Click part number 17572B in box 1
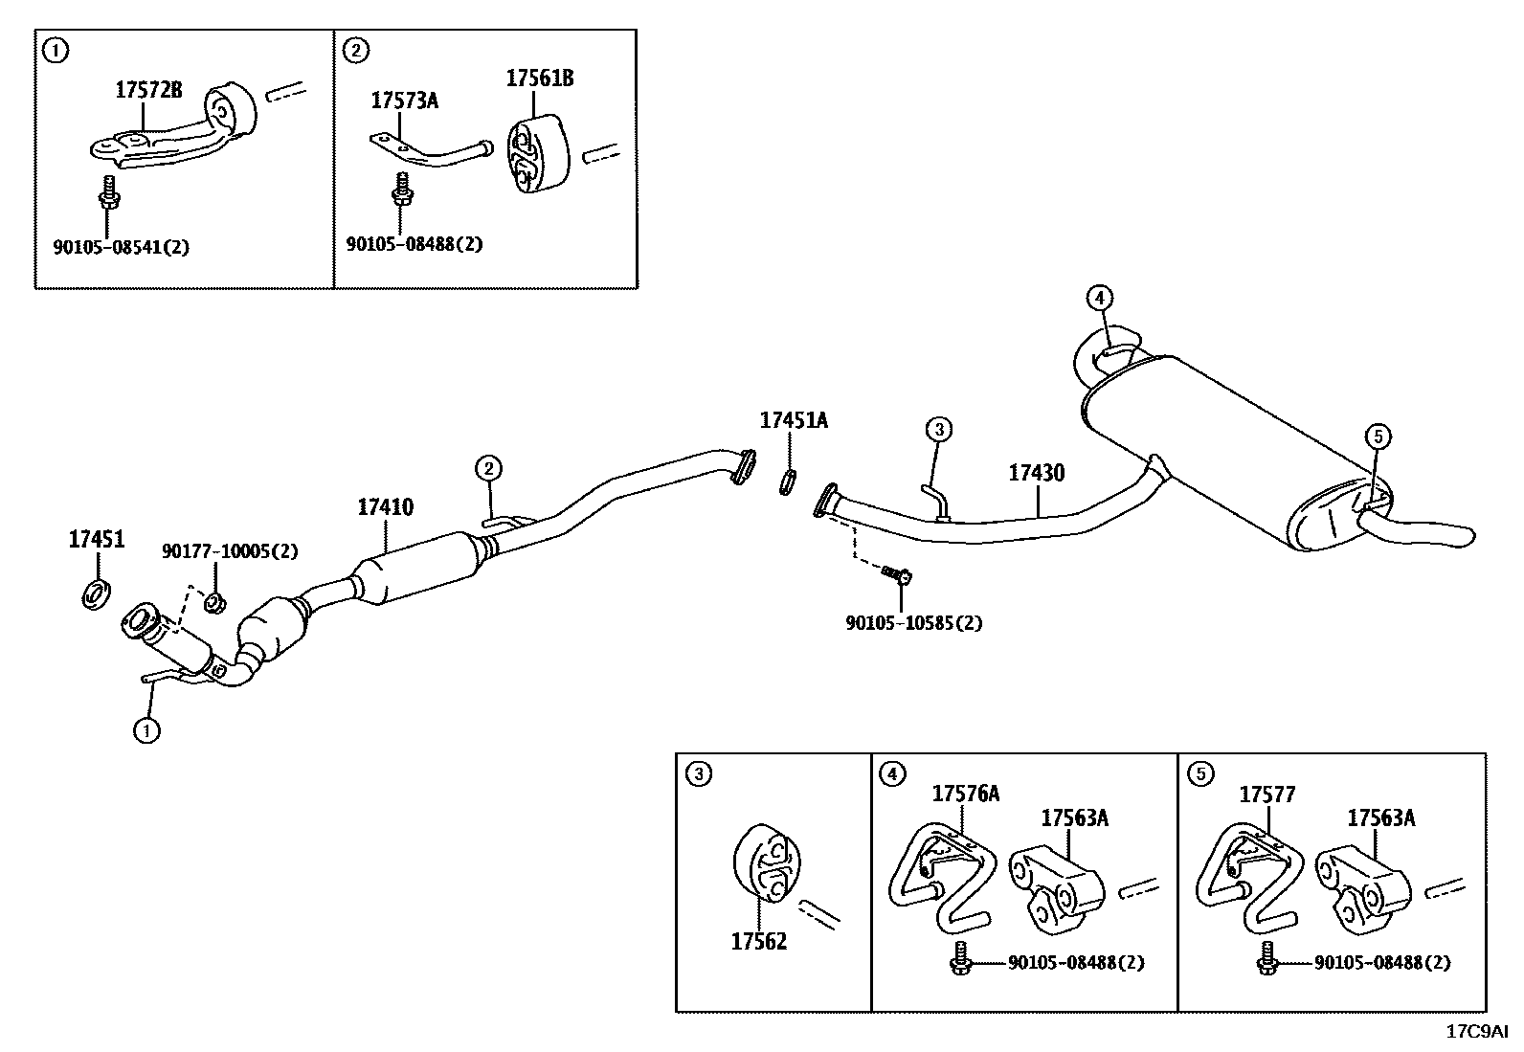click(x=148, y=90)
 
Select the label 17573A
click(x=404, y=100)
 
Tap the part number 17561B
click(x=540, y=78)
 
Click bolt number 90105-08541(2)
click(x=122, y=247)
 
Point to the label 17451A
click(x=794, y=420)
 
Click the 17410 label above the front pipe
click(x=386, y=507)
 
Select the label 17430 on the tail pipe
click(x=1036, y=473)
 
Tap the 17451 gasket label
click(x=97, y=540)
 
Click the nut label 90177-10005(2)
click(x=230, y=551)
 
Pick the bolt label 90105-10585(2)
click(x=914, y=623)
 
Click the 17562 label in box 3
click(x=759, y=942)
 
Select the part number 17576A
click(x=966, y=794)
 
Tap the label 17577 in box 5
click(x=1267, y=795)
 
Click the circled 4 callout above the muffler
click(x=1100, y=298)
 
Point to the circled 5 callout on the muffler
click(x=1378, y=437)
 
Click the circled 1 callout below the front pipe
click(x=146, y=731)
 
